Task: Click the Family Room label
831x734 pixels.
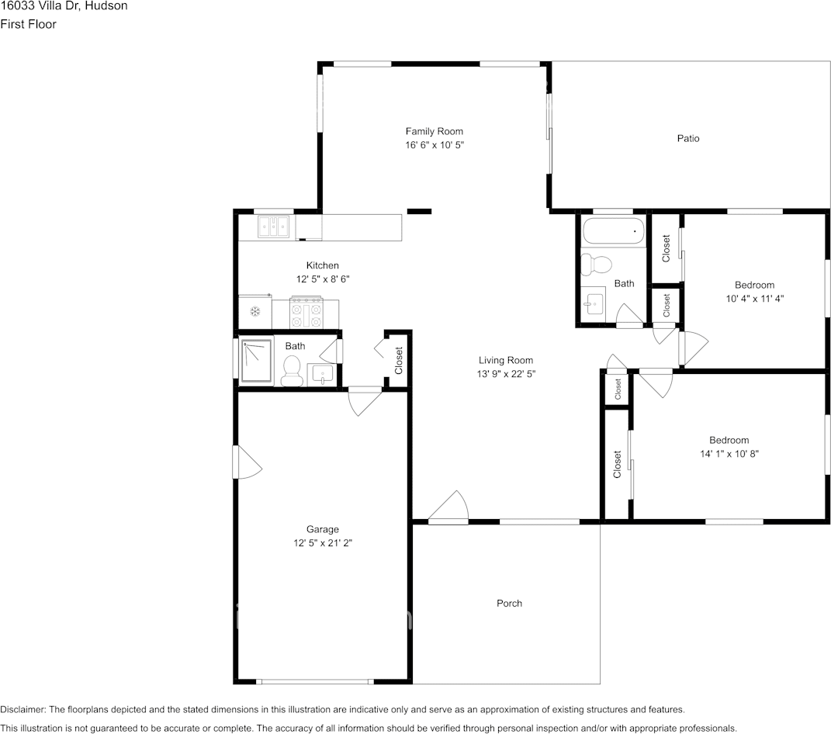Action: pyautogui.click(x=434, y=131)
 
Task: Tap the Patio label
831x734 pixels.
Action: pyautogui.click(x=688, y=138)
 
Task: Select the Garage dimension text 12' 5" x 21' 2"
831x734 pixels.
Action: pyautogui.click(x=322, y=543)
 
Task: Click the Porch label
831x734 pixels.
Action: pyautogui.click(x=509, y=603)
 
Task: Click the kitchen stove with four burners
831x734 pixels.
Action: pyautogui.click(x=306, y=312)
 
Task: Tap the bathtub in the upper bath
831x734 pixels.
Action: pyautogui.click(x=613, y=232)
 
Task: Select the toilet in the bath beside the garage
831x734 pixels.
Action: pyautogui.click(x=292, y=370)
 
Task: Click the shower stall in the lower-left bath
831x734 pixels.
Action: pyautogui.click(x=256, y=360)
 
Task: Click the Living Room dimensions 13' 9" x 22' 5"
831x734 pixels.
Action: pyautogui.click(x=506, y=373)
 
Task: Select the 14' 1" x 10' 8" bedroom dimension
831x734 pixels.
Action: pyautogui.click(x=729, y=453)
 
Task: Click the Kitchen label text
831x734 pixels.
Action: pyautogui.click(x=322, y=265)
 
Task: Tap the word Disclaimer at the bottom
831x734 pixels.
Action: pyautogui.click(x=23, y=709)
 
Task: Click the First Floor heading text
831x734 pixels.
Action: pyautogui.click(x=28, y=24)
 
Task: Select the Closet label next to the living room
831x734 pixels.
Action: pyautogui.click(x=399, y=361)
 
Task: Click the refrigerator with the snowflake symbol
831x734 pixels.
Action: pyautogui.click(x=254, y=312)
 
